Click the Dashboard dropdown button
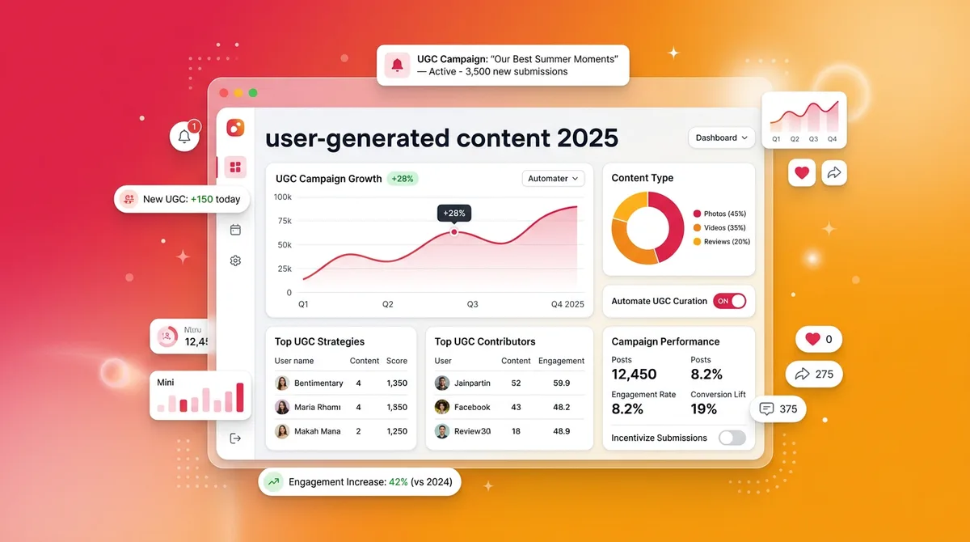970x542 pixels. coord(721,138)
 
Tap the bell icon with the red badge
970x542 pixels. coord(184,136)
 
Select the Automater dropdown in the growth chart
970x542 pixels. coord(553,179)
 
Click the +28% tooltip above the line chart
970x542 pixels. coord(454,213)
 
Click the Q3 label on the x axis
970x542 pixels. coord(472,304)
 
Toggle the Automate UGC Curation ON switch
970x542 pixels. coord(729,301)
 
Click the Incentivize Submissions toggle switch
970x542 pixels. coord(732,438)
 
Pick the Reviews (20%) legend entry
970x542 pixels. coord(721,242)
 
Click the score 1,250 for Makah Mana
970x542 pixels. coord(397,431)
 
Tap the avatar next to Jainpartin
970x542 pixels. coord(442,383)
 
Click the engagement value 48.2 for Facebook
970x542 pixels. coord(561,407)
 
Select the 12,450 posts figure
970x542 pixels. coord(634,374)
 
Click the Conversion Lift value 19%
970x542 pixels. coord(704,409)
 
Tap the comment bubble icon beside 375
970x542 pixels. coord(767,409)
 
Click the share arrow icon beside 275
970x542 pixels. coord(803,375)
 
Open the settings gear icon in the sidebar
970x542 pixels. coord(235,260)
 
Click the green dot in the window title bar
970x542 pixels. coord(253,93)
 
